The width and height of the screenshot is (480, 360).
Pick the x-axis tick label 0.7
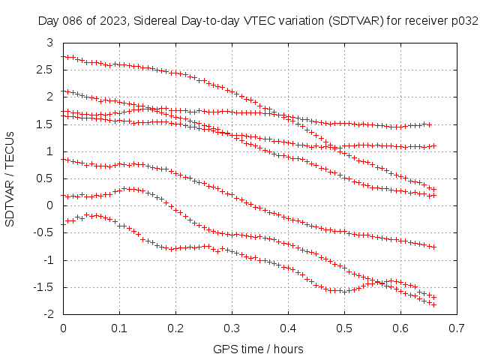(x=457, y=328)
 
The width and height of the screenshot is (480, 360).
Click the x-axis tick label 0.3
(x=232, y=328)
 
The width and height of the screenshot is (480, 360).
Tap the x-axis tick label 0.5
(x=344, y=328)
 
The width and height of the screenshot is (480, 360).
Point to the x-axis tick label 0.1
(x=119, y=328)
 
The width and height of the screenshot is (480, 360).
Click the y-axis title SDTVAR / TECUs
(x=10, y=179)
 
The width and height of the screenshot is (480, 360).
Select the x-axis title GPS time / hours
(x=258, y=349)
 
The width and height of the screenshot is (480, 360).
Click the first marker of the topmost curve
(x=64, y=56)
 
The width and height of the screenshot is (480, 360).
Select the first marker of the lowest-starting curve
(x=64, y=223)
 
